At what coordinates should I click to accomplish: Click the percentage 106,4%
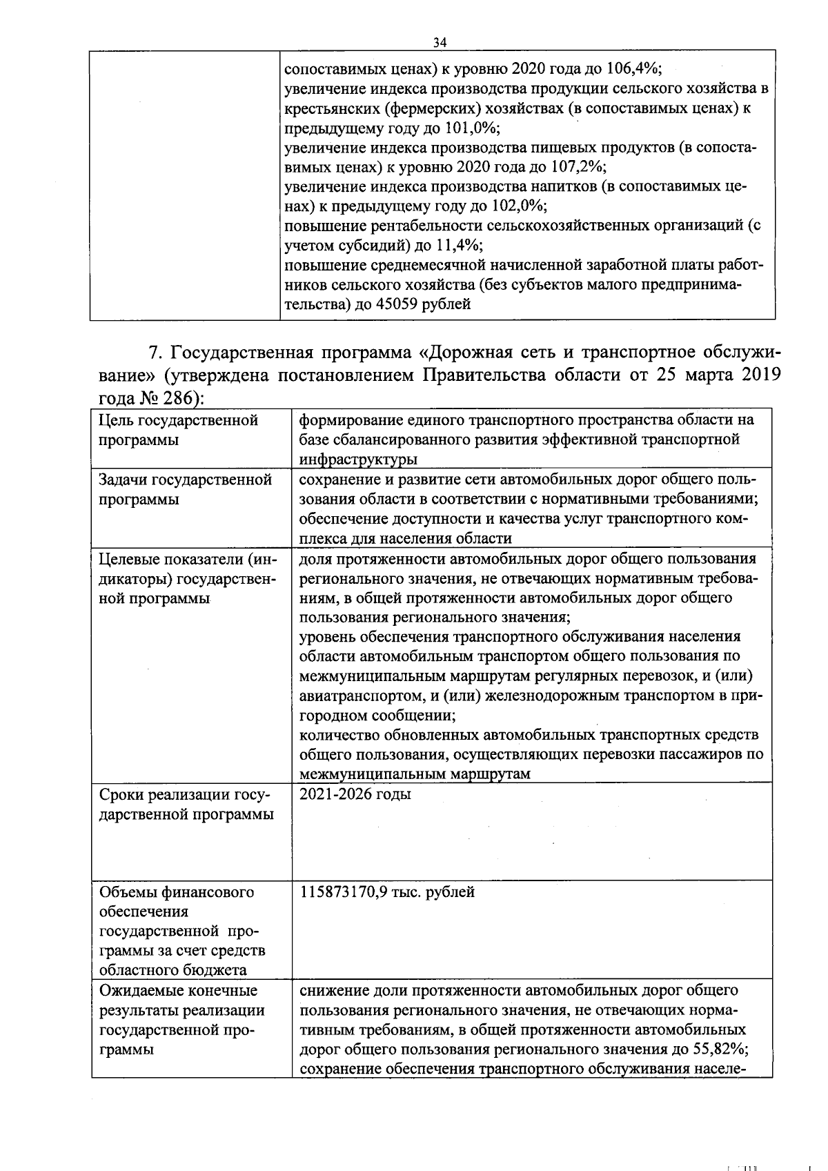point(633,69)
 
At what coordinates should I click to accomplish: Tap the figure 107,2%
point(577,167)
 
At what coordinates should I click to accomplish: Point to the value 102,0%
point(517,206)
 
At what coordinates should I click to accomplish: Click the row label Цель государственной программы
point(178,429)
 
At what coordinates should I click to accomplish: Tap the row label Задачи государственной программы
point(185,489)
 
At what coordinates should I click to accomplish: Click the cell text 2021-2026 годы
point(355,794)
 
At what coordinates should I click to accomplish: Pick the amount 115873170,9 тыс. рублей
point(387,892)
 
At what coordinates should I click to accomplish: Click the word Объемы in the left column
point(128,892)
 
